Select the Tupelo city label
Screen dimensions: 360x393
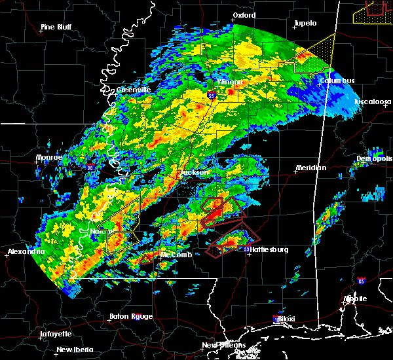point(305,23)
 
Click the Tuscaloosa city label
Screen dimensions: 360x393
point(373,102)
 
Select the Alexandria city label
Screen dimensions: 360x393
point(26,251)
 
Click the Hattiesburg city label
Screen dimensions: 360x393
point(272,249)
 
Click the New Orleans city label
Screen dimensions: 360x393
point(224,345)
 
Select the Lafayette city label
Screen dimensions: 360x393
point(56,334)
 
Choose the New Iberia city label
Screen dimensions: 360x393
point(74,350)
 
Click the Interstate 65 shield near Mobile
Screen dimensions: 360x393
point(362,281)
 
